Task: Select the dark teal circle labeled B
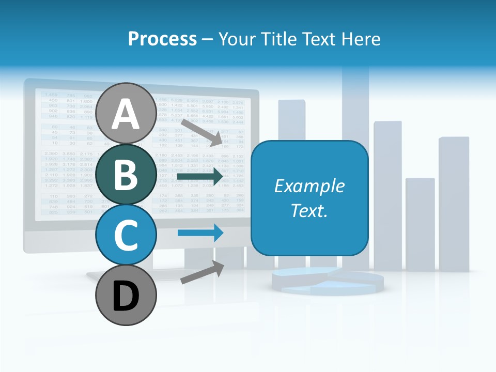pos(126,175)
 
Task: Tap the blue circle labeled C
pos(126,235)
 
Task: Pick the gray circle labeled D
pos(126,296)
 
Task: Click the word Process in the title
pos(162,39)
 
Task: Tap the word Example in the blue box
pos(309,186)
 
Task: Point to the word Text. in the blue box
pos(309,210)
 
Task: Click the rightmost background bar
pos(454,204)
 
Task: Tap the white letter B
pos(126,175)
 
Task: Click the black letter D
pos(126,296)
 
